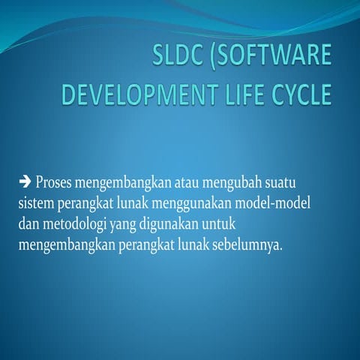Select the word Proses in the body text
point(54,182)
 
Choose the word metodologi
point(77,224)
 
